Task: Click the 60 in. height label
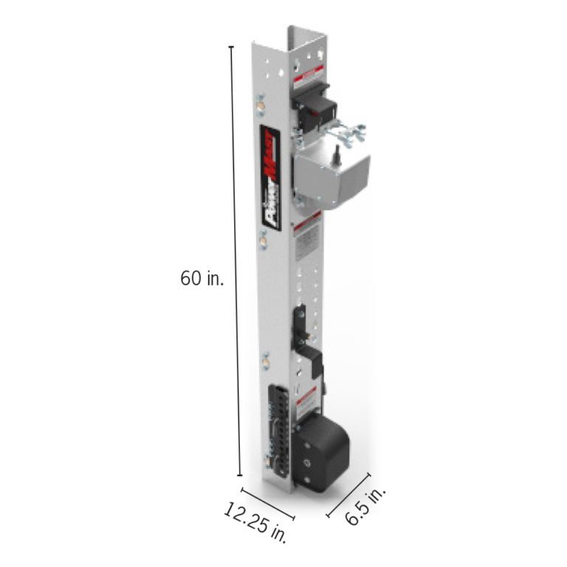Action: pyautogui.click(x=202, y=279)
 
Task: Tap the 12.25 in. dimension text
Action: pyautogui.click(x=255, y=523)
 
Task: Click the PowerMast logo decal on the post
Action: pyautogui.click(x=269, y=169)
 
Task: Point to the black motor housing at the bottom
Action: pyautogui.click(x=323, y=451)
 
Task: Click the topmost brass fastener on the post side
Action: pyautogui.click(x=259, y=103)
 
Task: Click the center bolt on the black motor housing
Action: pyautogui.click(x=306, y=463)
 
